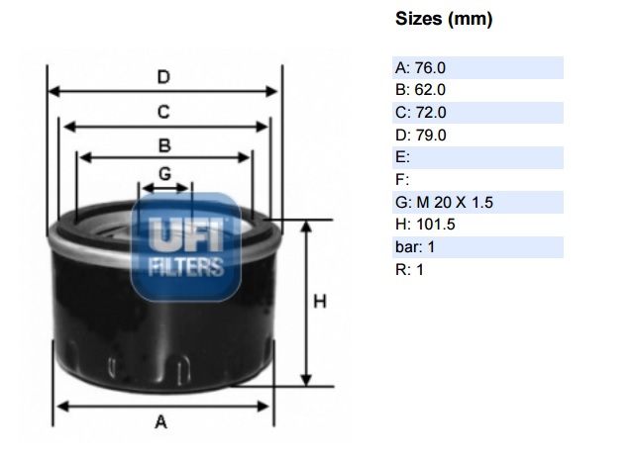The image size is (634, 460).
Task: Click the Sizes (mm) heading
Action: [x=444, y=19]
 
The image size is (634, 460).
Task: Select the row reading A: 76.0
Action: [x=420, y=68]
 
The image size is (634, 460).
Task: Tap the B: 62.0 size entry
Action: [x=420, y=90]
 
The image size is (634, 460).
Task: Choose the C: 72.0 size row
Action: [x=420, y=112]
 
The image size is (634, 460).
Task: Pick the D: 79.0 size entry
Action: [x=420, y=135]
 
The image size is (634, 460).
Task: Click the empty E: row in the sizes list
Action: [x=402, y=157]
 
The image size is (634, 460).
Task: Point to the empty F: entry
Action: [x=402, y=179]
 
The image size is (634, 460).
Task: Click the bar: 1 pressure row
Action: [x=415, y=246]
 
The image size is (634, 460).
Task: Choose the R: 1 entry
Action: [x=409, y=269]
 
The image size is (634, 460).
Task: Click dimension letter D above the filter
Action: [x=163, y=77]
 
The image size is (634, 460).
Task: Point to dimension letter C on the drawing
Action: [x=163, y=112]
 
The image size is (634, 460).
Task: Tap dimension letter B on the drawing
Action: [x=164, y=145]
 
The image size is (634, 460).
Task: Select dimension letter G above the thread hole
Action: [x=165, y=174]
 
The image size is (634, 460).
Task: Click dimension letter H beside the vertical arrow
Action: [x=320, y=302]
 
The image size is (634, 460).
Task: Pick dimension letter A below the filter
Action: [x=160, y=422]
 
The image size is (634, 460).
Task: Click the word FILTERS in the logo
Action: [x=186, y=267]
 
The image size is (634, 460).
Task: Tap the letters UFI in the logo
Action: [x=186, y=234]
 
